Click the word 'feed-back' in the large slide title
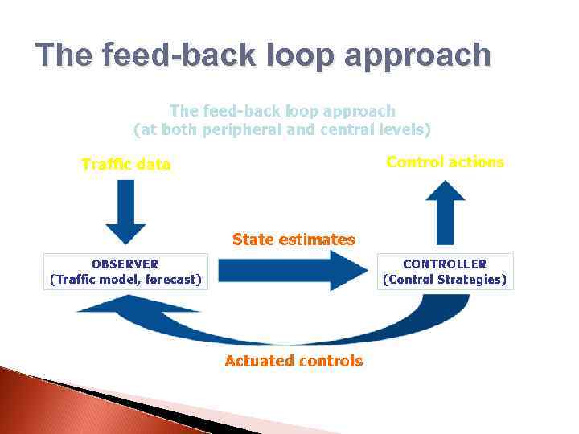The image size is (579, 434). [179, 55]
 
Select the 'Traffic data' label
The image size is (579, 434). [126, 165]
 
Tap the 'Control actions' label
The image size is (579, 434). [445, 162]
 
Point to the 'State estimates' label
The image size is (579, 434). [293, 240]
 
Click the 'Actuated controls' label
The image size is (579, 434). [294, 362]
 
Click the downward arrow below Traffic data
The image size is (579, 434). [125, 211]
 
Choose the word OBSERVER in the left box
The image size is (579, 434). [125, 264]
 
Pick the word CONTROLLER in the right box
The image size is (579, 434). [445, 264]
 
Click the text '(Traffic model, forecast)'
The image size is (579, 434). [125, 280]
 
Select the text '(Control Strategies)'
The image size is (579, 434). [445, 280]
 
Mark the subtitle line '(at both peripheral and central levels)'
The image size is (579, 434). [281, 129]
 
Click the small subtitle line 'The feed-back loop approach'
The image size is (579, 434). [281, 111]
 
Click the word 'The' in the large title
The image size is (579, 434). [64, 55]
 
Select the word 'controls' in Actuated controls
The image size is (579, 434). [330, 362]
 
